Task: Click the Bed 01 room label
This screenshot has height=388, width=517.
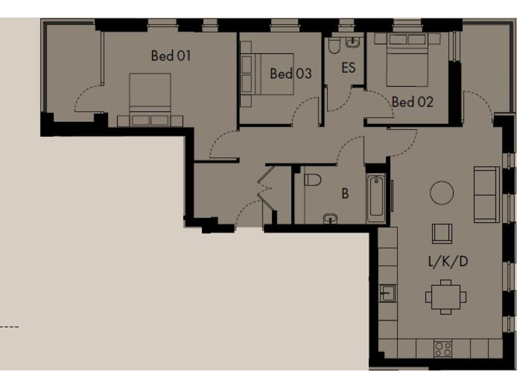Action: pos(170,56)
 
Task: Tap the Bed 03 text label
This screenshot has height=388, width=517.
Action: pos(291,73)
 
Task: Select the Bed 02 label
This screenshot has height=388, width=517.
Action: pos(412,102)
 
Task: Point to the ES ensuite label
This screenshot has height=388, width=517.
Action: pos(348,68)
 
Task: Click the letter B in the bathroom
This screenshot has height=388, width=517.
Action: pos(345,194)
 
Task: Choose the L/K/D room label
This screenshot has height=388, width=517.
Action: pos(448,261)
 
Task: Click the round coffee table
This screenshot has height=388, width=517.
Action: pos(442,193)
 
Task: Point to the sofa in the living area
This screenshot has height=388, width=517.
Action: pos(486,194)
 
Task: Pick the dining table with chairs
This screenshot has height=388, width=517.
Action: pos(446,296)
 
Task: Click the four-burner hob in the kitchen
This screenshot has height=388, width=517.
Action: pos(442,349)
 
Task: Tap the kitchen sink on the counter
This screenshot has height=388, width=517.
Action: pos(387,293)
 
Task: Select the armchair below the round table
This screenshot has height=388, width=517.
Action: pos(442,233)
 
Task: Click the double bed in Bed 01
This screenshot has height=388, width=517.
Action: pos(149,98)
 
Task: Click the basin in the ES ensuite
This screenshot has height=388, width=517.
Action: pos(352,42)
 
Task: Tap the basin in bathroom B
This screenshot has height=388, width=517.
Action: pos(330,218)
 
